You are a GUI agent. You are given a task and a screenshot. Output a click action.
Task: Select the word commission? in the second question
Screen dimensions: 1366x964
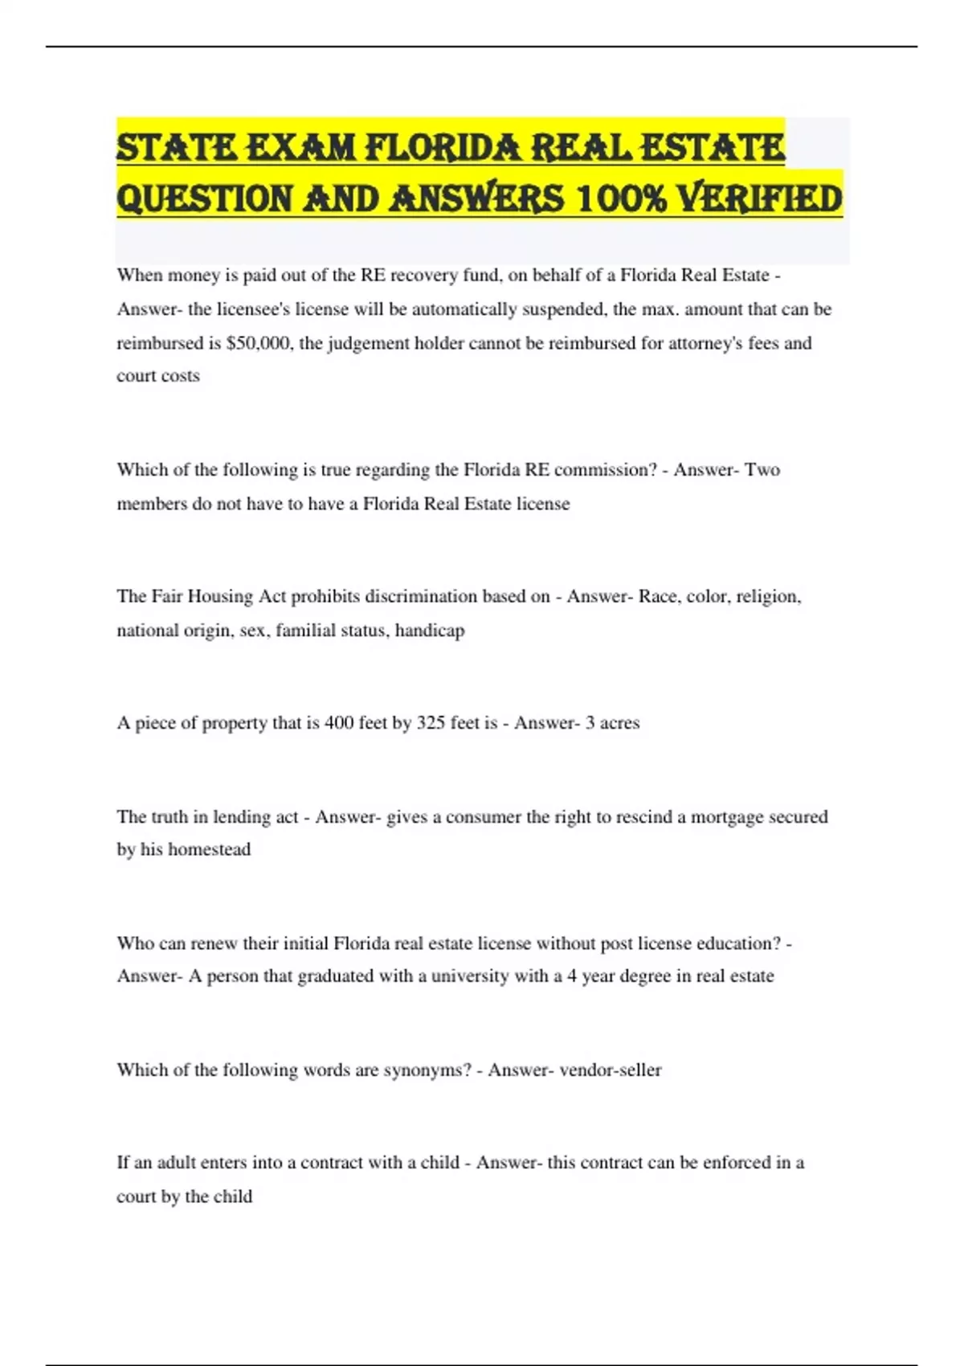click(606, 469)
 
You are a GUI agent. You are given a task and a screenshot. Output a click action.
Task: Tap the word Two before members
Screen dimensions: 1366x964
click(762, 469)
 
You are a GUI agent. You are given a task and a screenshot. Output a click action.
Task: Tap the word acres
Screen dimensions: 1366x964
click(619, 722)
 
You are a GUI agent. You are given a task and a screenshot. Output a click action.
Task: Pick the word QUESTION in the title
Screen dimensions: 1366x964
click(205, 198)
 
